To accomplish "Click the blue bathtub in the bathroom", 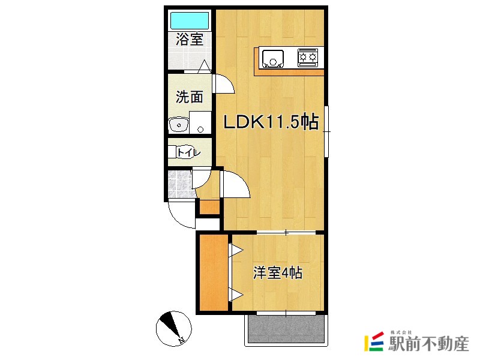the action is click(190, 20).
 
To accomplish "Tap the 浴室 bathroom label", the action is click(190, 39).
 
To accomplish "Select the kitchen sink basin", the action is click(272, 58).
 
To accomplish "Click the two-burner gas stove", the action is click(307, 57).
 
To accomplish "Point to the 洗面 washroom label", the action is click(190, 97).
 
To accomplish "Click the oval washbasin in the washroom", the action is click(178, 125).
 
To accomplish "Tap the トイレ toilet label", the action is click(189, 152).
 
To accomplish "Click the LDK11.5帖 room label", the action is click(271, 122).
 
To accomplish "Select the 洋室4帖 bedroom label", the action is click(278, 273).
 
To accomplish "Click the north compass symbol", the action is click(173, 328).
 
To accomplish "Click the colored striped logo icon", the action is click(374, 341).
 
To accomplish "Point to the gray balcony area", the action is click(286, 329).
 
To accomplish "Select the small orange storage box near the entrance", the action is click(209, 207).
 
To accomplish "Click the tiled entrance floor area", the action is click(181, 184).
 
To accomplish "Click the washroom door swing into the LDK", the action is click(224, 83).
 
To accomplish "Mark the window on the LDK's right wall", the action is click(326, 131).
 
